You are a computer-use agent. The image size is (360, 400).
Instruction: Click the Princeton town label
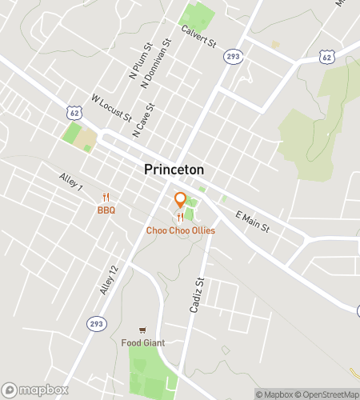tap(174, 170)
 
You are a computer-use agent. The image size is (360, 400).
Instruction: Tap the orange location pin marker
tap(180, 201)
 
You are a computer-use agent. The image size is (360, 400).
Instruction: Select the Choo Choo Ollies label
tap(180, 230)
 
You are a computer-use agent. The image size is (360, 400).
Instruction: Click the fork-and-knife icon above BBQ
tap(106, 198)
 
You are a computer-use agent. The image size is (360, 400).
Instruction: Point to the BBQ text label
tap(106, 210)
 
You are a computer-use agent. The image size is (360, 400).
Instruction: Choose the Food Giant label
tap(142, 344)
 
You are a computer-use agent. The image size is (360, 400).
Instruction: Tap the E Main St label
tap(254, 222)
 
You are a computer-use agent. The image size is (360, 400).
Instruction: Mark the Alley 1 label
tap(70, 182)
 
